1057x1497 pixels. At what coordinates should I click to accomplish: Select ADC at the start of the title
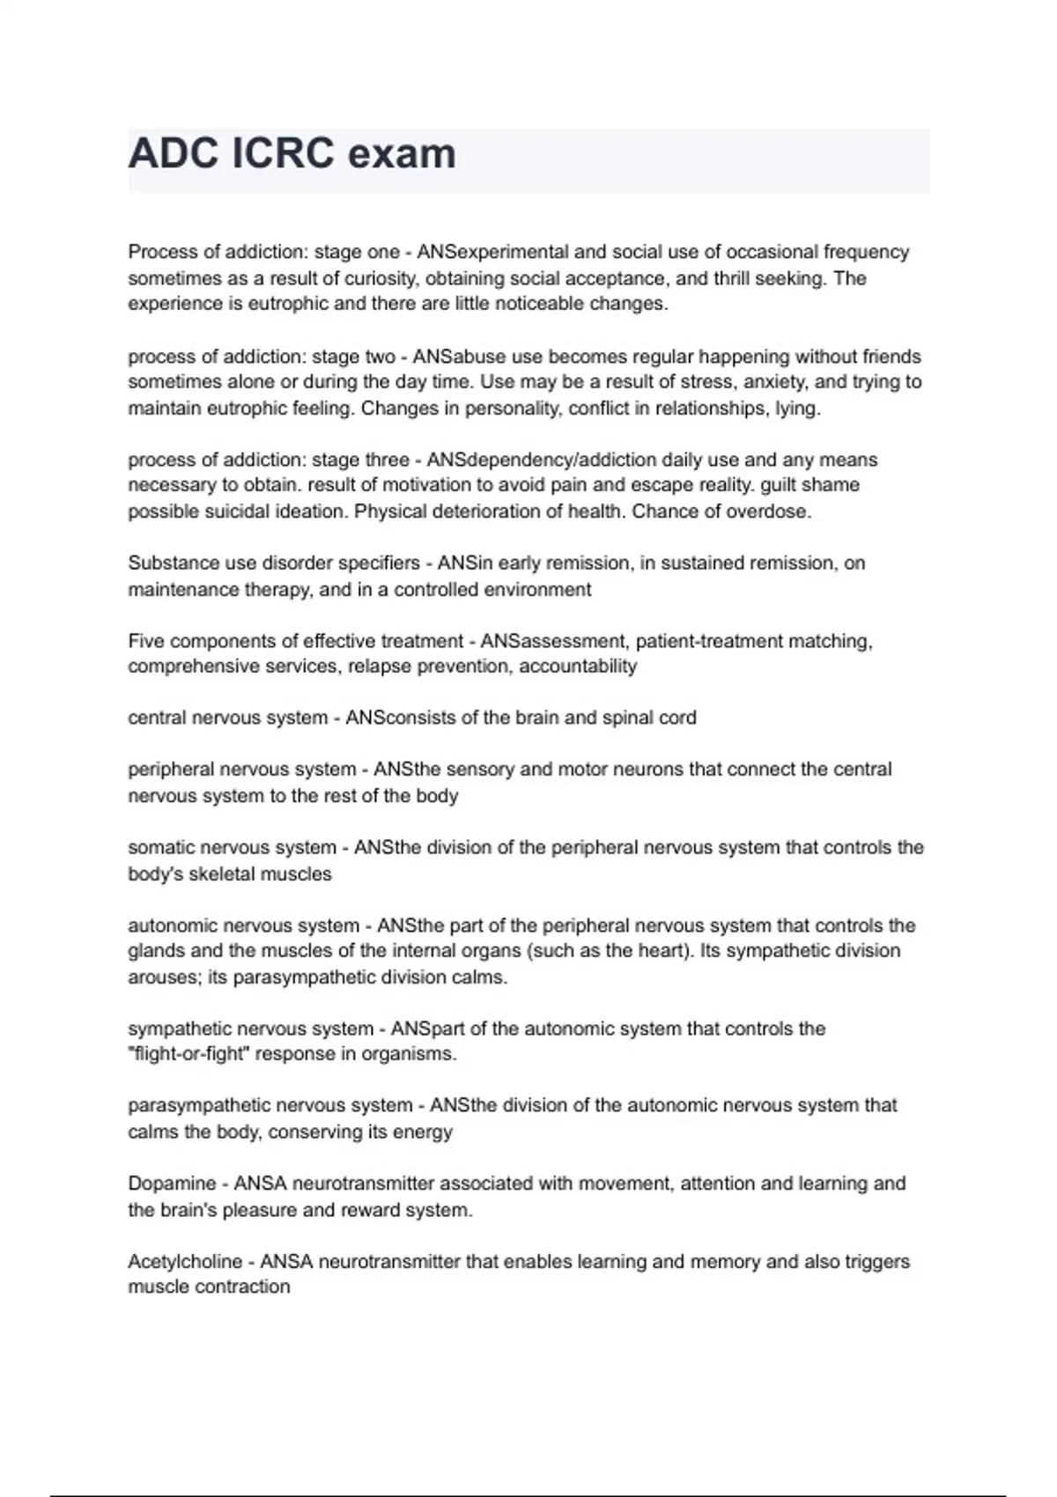[173, 154]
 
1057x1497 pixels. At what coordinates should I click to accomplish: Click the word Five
[146, 641]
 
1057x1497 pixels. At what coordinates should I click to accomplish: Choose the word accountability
[578, 667]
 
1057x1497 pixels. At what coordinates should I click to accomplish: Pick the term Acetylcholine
[185, 1262]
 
